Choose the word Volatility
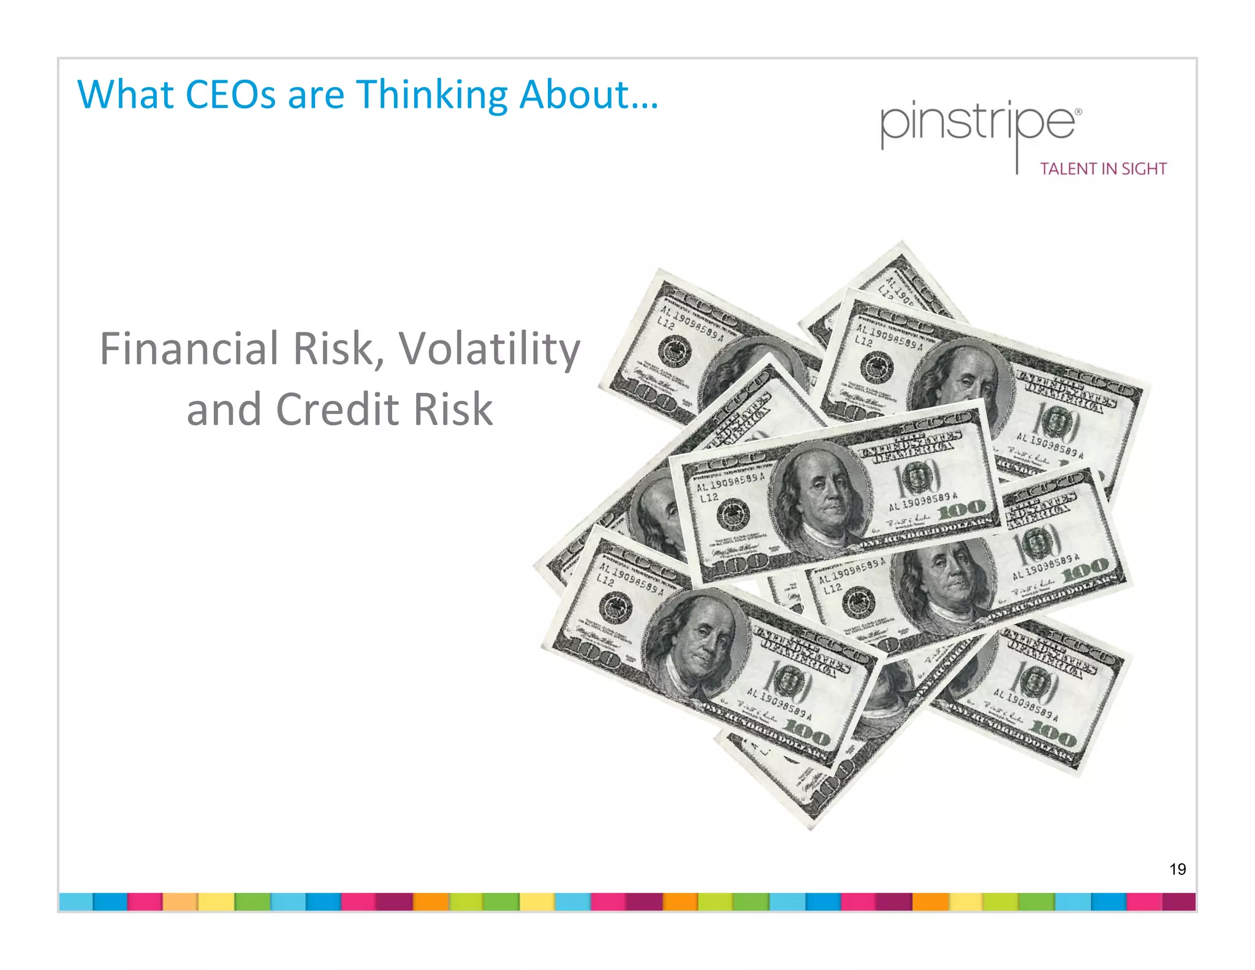click(490, 349)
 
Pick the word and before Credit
click(224, 409)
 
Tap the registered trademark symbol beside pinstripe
click(1079, 112)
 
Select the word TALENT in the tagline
click(1066, 169)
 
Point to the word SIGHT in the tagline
click(1144, 169)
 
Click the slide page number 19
click(1177, 869)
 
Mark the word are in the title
click(316, 96)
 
